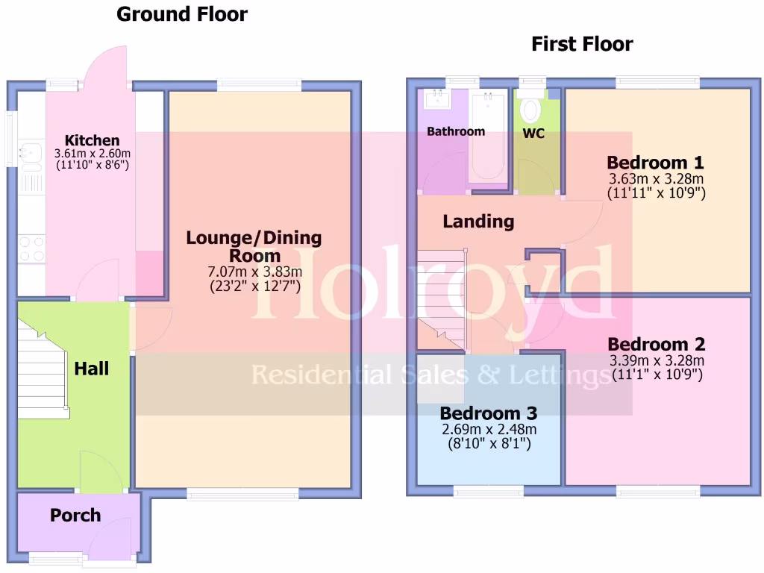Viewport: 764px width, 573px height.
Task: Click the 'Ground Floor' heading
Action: click(x=182, y=14)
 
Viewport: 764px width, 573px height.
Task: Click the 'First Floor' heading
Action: click(x=582, y=44)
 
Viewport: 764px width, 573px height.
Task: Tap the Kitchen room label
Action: click(x=92, y=140)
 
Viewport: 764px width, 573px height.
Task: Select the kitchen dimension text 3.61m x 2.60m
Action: click(x=92, y=153)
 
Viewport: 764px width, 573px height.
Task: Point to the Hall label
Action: click(x=92, y=369)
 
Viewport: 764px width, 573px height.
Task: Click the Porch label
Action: click(x=75, y=515)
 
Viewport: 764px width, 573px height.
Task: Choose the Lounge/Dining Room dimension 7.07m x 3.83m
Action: click(x=254, y=271)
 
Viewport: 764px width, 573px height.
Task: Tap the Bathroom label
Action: click(x=455, y=131)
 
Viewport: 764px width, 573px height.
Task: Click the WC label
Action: click(x=534, y=134)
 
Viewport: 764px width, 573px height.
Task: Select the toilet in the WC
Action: click(x=531, y=109)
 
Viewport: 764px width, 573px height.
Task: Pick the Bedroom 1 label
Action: click(x=656, y=163)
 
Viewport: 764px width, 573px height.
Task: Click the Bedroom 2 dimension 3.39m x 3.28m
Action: click(x=657, y=360)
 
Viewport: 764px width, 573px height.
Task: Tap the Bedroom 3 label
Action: click(x=488, y=413)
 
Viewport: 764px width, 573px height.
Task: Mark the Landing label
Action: click(x=478, y=222)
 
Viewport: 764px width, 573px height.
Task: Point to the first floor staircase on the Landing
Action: click(x=440, y=298)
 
